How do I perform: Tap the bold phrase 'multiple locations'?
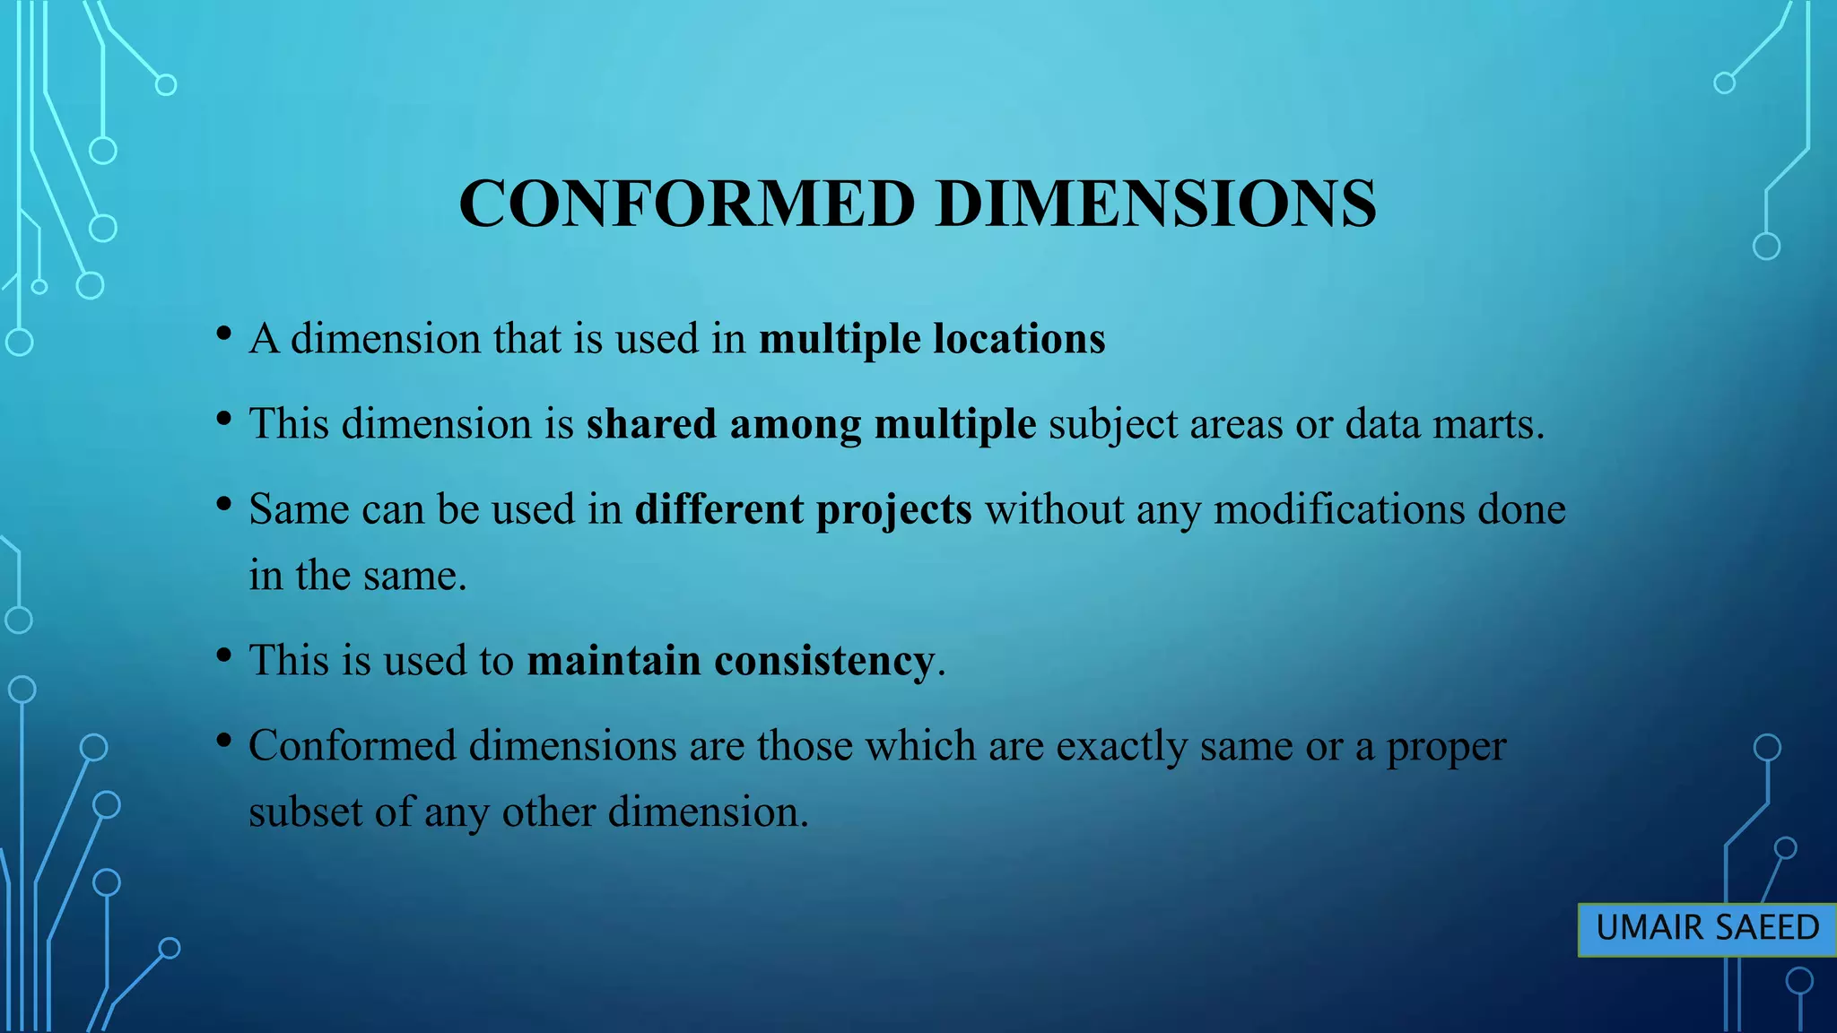[932, 340]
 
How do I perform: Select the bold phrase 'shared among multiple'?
[811, 424]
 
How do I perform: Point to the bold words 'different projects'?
[803, 509]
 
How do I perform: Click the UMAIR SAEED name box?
[1707, 928]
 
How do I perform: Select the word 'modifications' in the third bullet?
[1339, 509]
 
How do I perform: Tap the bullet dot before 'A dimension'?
[224, 335]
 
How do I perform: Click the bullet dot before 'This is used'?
[224, 656]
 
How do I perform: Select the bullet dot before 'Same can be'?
[224, 505]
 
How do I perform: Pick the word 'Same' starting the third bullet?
[299, 509]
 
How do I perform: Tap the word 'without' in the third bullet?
[1054, 509]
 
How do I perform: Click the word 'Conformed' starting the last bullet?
[352, 746]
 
